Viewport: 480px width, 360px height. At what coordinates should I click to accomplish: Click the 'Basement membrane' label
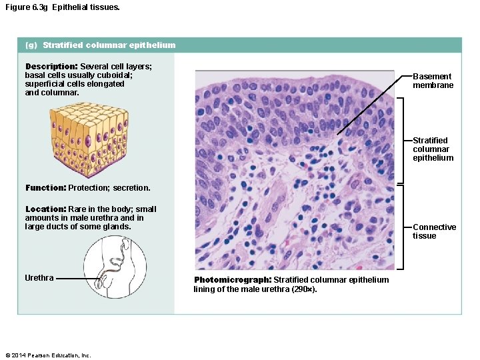[433, 81]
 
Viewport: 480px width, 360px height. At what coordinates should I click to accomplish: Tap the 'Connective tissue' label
[434, 231]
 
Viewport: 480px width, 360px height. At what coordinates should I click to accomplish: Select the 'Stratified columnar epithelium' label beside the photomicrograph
[433, 149]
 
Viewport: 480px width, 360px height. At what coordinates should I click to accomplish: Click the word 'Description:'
[51, 67]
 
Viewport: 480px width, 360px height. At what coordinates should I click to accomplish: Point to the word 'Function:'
[45, 188]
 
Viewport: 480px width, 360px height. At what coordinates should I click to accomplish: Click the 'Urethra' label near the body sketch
[39, 278]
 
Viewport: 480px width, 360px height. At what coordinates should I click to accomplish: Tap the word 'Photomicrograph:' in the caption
[233, 280]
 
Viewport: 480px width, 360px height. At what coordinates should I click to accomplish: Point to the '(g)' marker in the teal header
[31, 45]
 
